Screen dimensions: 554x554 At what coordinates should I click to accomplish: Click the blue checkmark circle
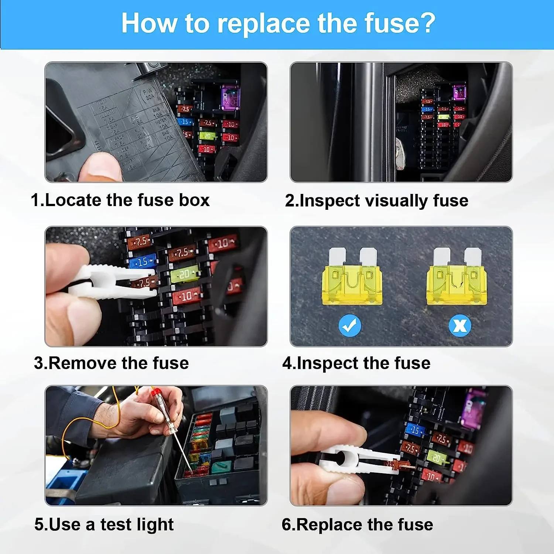coord(350,325)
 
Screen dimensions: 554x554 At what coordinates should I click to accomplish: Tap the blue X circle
coord(459,325)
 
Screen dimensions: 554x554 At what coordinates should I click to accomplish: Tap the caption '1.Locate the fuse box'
coord(120,200)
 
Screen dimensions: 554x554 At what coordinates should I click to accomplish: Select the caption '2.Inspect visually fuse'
coord(376,201)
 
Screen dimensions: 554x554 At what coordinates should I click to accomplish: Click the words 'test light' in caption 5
coord(137,524)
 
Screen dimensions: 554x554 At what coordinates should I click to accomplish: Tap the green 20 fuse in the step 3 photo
coord(184,274)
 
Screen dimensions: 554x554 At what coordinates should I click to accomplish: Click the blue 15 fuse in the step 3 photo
coord(143,262)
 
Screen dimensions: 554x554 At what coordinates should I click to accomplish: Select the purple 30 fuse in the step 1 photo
coord(230,98)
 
